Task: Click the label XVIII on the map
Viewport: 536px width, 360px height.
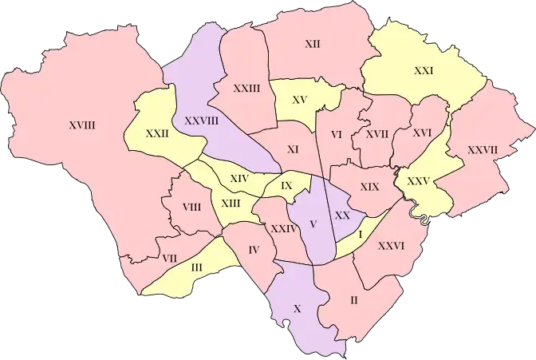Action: tap(82, 125)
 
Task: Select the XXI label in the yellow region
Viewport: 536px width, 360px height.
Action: tap(424, 71)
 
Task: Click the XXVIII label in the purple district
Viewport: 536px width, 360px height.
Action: tap(201, 121)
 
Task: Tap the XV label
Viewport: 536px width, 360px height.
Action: tap(300, 100)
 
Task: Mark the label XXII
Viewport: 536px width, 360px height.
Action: tap(157, 134)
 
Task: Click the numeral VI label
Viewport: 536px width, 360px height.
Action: tap(336, 135)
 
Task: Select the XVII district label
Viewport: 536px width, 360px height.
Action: tap(376, 134)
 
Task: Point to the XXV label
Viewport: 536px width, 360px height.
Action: tap(418, 180)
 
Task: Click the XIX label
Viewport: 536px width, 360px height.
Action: tap(368, 186)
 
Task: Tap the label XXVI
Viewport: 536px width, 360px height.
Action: tap(391, 246)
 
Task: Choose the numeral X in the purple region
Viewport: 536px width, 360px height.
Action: tap(298, 307)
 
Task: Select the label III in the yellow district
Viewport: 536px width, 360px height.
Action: tap(197, 267)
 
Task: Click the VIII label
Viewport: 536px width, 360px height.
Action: tap(191, 208)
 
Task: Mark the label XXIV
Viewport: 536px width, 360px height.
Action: tap(284, 228)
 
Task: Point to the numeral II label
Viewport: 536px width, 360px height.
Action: tap(353, 301)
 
